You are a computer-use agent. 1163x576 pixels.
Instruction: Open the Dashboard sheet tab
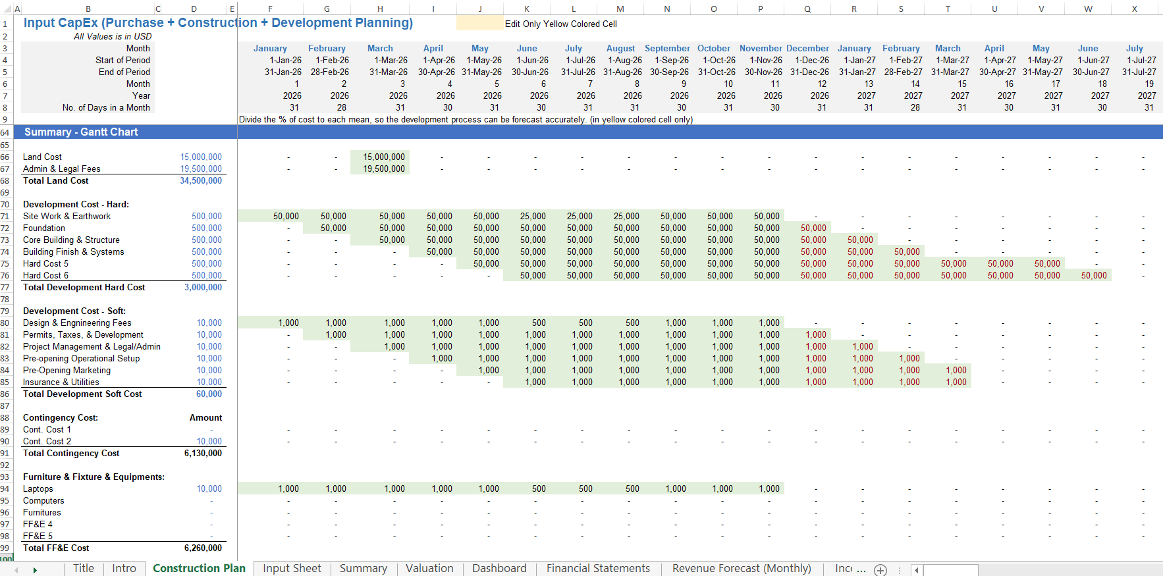coord(499,569)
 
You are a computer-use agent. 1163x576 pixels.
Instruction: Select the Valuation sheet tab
coord(429,569)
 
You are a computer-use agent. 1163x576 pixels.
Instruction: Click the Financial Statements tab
coord(598,569)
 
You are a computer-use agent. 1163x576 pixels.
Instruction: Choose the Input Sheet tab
coord(292,569)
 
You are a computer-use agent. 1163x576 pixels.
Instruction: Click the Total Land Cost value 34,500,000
coord(201,181)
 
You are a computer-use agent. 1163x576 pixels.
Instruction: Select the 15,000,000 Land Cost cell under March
coord(384,157)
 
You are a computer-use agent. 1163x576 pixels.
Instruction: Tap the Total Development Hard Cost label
coord(84,288)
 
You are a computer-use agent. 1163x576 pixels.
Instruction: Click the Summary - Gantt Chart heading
coord(81,132)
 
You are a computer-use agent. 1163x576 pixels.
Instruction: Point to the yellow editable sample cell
coord(479,24)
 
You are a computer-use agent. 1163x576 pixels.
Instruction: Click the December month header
coord(807,49)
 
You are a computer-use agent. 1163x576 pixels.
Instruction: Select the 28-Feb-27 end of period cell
coord(903,72)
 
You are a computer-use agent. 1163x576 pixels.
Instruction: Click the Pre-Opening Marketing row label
coord(67,371)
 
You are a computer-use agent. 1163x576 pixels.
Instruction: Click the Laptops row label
coord(38,489)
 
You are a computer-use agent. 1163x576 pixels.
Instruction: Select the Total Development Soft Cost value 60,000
coord(209,394)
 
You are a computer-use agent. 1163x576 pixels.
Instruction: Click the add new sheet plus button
coord(880,570)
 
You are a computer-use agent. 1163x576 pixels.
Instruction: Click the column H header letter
coord(380,9)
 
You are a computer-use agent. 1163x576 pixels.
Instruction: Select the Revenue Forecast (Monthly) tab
coord(742,569)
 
